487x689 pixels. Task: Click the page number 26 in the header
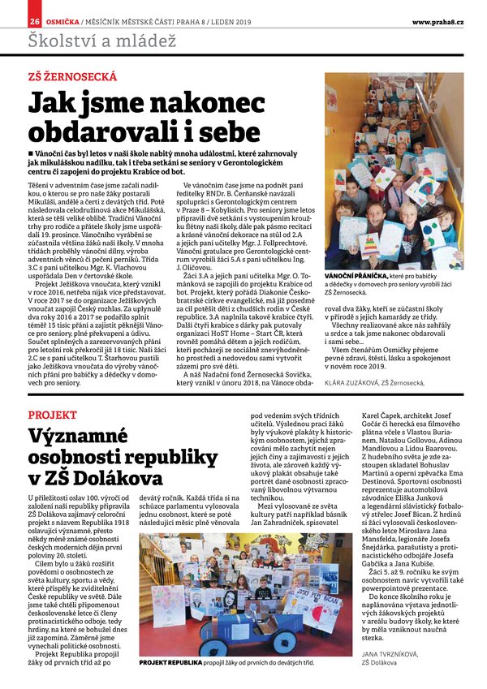pyautogui.click(x=35, y=20)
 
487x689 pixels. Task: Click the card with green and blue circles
pyautogui.click(x=431, y=235)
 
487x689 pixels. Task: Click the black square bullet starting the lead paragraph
pyautogui.click(x=30, y=153)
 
